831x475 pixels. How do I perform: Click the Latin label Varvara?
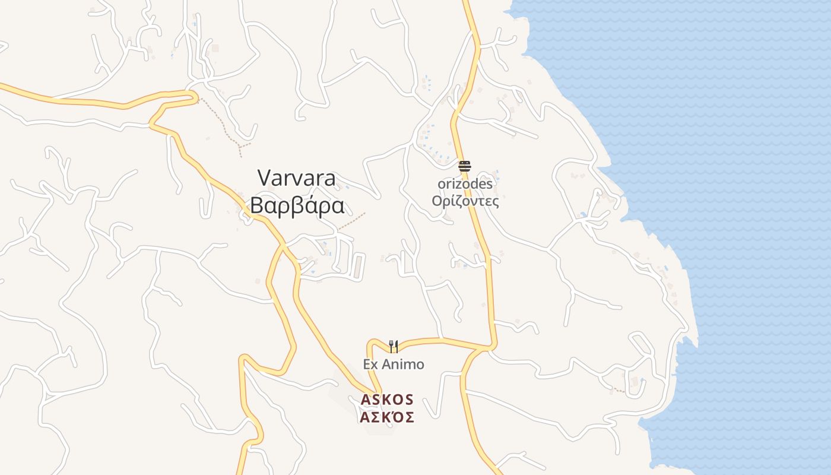pos(297,178)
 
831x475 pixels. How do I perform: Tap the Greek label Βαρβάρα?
pos(297,205)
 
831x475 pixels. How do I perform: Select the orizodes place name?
pos(465,184)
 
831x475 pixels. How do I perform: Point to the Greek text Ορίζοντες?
pos(465,201)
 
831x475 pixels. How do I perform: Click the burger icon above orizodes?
pos(464,166)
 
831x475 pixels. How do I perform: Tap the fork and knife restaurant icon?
pos(393,346)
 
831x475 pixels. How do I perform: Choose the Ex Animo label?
pos(394,364)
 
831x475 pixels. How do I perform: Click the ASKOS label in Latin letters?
pos(387,400)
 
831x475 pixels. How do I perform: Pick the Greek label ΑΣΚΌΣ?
pos(387,417)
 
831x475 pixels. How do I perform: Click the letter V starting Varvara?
pos(264,178)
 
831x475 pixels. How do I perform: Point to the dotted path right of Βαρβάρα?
pos(351,221)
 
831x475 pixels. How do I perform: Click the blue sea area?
pos(742,178)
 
